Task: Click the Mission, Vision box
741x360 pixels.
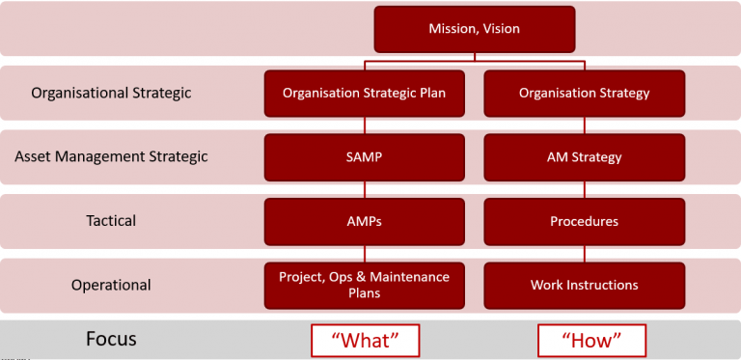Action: coord(474,29)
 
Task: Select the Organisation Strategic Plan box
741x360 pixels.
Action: coord(364,94)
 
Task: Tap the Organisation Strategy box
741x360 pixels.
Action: coord(584,94)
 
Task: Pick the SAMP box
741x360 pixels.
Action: coord(364,157)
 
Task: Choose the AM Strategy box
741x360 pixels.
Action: coord(584,157)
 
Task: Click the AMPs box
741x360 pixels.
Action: coord(364,221)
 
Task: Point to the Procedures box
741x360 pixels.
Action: coord(584,221)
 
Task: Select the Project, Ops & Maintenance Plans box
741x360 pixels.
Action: coord(364,285)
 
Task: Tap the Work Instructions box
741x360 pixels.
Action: coord(584,285)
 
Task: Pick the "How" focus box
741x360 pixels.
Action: coord(590,340)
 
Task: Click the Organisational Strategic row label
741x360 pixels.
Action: coord(111,94)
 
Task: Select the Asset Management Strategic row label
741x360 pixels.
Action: coord(111,156)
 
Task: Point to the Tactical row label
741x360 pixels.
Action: coord(111,221)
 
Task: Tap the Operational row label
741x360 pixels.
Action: coord(111,285)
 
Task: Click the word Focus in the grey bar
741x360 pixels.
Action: coord(111,339)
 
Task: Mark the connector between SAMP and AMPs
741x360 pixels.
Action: coord(365,189)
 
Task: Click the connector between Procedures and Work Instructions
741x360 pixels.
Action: coord(584,253)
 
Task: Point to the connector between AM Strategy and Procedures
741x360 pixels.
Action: coord(584,189)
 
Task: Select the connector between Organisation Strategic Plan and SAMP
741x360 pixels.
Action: coord(365,125)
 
